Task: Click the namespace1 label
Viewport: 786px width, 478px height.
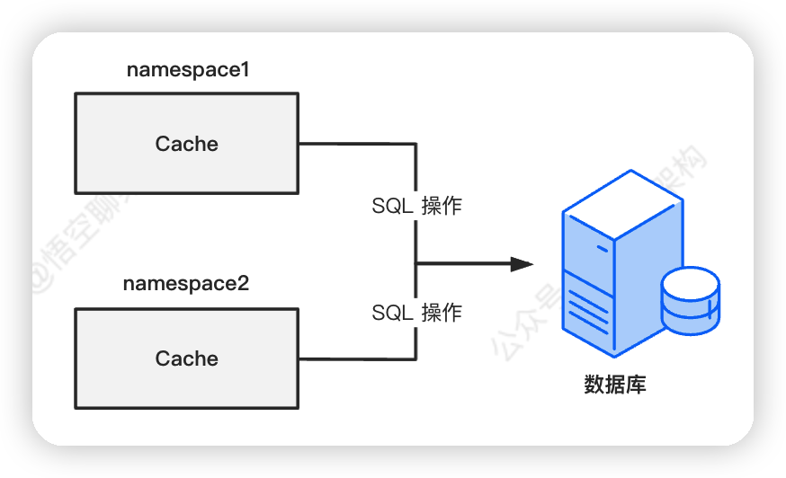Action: [187, 70]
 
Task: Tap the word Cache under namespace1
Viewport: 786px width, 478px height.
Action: [187, 144]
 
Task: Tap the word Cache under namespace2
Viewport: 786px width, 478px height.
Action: [187, 358]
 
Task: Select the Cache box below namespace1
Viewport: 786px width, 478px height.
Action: [108, 171]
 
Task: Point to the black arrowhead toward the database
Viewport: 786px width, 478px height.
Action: [522, 264]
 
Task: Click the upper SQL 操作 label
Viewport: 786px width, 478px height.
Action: [416, 206]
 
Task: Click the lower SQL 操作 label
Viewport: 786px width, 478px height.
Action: [416, 313]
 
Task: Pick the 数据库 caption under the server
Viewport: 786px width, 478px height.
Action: [615, 385]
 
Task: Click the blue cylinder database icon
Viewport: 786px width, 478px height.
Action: [690, 300]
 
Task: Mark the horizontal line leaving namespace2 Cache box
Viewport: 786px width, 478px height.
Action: [356, 359]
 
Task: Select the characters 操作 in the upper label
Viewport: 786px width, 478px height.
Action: [442, 206]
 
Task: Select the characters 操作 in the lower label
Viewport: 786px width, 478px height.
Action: [442, 313]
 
